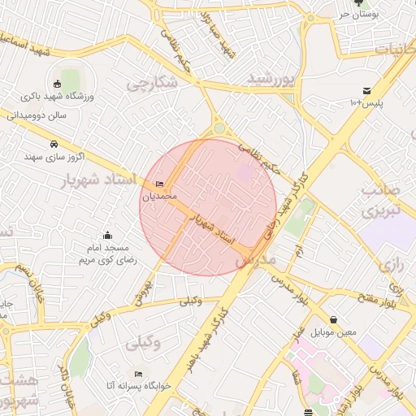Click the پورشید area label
[268, 80]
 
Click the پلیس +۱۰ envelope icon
[366, 90]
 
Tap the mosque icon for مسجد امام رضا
[108, 236]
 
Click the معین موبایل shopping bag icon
[334, 319]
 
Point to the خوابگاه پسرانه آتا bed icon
[138, 374]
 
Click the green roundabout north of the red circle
[219, 128]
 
